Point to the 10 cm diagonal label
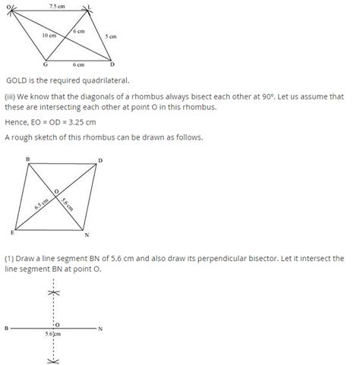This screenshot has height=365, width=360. (49, 35)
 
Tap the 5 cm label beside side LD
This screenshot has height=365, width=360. (111, 36)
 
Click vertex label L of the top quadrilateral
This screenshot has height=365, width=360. (90, 7)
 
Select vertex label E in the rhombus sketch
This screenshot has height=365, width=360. (12, 232)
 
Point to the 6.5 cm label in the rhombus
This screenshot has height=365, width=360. (41, 205)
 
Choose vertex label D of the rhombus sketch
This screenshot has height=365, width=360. (101, 160)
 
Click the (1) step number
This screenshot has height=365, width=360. (10, 259)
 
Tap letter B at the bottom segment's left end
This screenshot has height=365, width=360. (6, 329)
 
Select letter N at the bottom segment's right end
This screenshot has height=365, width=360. (99, 329)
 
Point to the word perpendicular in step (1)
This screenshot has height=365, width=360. (223, 259)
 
